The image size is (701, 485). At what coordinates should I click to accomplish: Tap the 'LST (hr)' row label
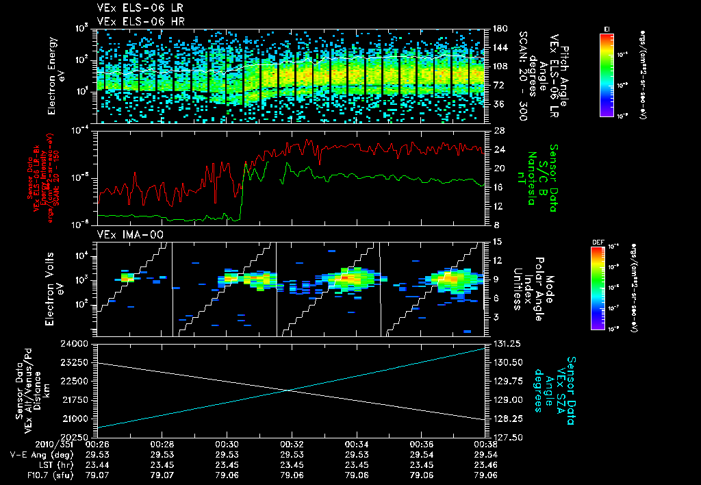click(x=53, y=464)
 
